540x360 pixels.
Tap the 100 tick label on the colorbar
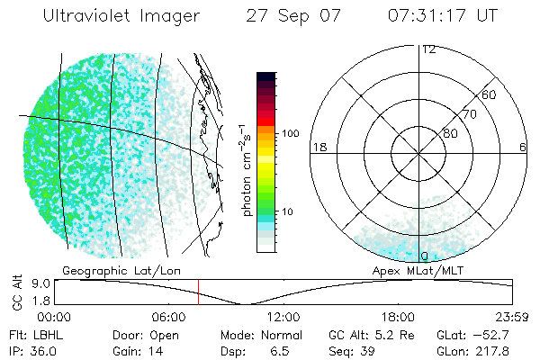[x=289, y=133]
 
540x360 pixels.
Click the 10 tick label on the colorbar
[x=288, y=211]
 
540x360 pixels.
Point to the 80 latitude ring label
[x=450, y=133]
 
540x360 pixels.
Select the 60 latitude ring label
[x=490, y=94]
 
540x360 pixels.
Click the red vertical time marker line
[x=199, y=292]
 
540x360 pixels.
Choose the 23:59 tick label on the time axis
[x=512, y=317]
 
